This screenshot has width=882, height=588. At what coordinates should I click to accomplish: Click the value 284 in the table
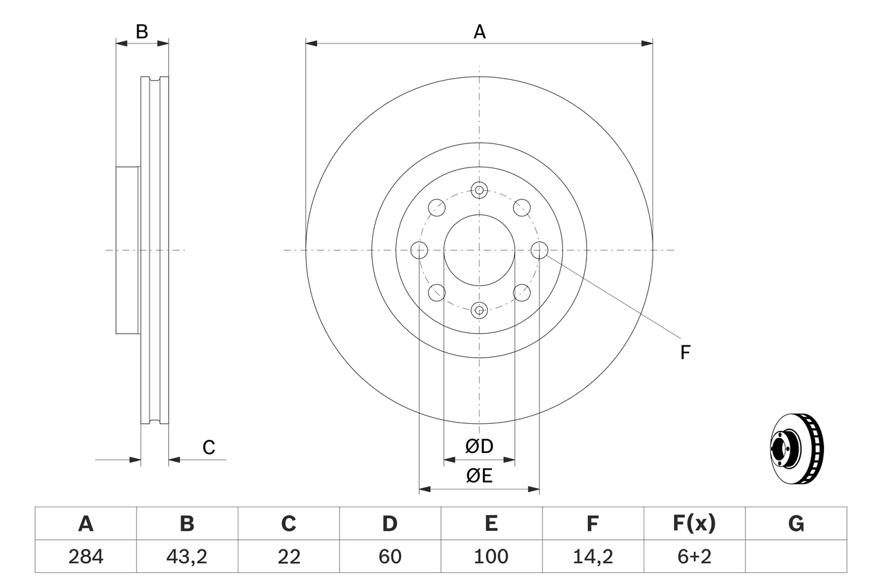85,556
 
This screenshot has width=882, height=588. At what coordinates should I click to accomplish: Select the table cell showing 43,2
187,556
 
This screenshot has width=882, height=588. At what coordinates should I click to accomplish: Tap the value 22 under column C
288,556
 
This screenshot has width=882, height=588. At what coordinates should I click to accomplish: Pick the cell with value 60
389,556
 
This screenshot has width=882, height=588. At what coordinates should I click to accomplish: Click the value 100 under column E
491,556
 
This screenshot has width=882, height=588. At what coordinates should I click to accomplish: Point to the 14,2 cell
592,556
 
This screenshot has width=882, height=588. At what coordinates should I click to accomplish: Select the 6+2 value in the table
694,556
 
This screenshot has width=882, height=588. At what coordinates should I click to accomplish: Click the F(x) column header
694,524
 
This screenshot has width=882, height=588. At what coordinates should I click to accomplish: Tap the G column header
796,524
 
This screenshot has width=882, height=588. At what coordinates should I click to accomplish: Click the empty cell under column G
796,556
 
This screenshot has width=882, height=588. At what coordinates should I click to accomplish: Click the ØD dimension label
479,447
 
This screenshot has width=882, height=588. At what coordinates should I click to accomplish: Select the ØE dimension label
479,476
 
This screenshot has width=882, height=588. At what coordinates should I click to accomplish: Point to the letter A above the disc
479,32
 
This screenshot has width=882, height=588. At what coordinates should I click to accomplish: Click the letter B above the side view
141,32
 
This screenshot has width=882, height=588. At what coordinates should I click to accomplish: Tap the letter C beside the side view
209,447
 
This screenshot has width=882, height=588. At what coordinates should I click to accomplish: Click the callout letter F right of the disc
684,353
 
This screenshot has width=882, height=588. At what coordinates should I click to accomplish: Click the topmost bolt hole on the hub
479,190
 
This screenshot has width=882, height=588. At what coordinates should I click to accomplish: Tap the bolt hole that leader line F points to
539,250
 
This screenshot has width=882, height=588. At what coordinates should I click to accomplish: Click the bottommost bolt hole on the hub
479,310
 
